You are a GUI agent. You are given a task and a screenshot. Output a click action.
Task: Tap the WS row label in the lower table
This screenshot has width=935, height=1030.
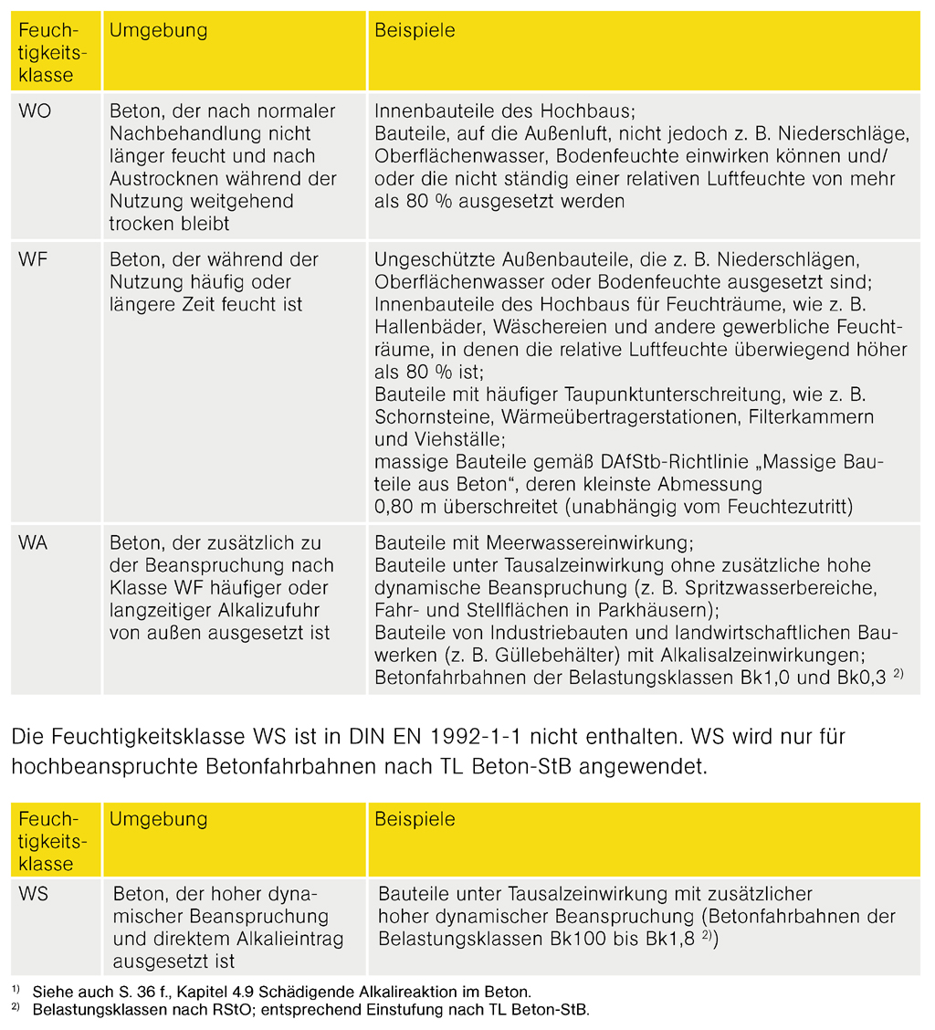tap(33, 895)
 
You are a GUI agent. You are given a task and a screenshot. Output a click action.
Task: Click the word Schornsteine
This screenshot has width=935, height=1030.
tap(429, 417)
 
